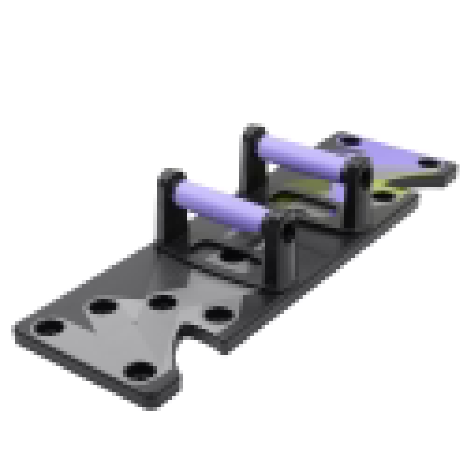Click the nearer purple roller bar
(219, 204)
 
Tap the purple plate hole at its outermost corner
(429, 164)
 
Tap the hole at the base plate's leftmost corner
(49, 327)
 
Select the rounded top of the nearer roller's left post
(172, 174)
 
